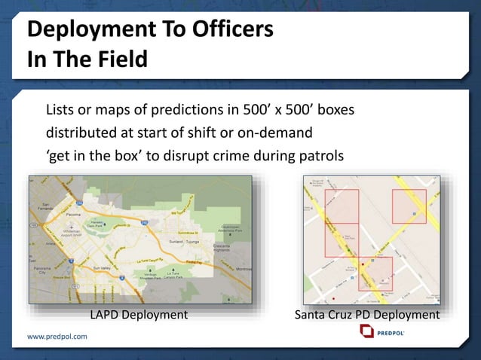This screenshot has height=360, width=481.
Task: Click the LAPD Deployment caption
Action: coord(139,314)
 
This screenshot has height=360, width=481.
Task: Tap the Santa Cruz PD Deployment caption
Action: coord(367,314)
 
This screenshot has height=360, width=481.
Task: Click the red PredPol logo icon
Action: coord(366,332)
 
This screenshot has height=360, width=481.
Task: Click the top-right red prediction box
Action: coord(409,206)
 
